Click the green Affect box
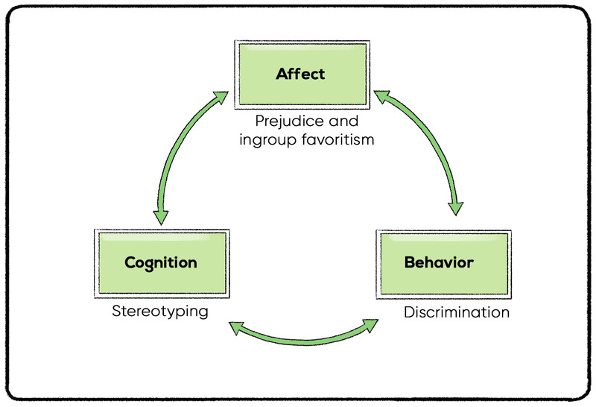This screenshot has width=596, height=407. point(302,75)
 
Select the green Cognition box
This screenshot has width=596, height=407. point(162,263)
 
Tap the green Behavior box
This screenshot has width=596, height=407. point(444,264)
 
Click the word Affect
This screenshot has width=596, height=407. point(300,74)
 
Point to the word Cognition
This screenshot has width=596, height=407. point(161,263)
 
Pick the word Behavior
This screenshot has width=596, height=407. point(439,262)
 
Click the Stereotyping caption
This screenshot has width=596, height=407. point(160,312)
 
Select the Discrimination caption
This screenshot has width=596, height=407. point(457,312)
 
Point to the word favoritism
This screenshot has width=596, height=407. point(338,139)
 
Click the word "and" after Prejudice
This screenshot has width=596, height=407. point(343,121)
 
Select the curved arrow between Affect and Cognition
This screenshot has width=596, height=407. point(170,152)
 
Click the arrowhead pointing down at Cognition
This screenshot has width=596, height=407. point(161,217)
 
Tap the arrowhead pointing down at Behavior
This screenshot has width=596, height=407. point(456,209)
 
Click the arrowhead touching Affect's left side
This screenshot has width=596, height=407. point(221,96)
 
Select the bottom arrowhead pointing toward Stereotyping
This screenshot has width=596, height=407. point(236,328)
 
